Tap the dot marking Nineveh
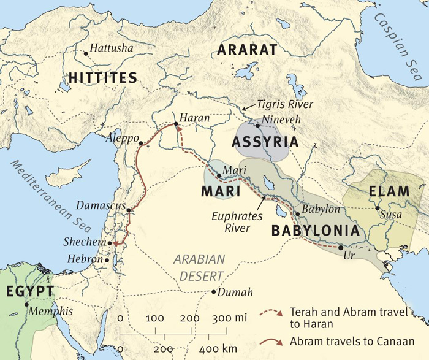[x=258, y=125]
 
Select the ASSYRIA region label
[x=265, y=142]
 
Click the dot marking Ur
[x=340, y=247]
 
